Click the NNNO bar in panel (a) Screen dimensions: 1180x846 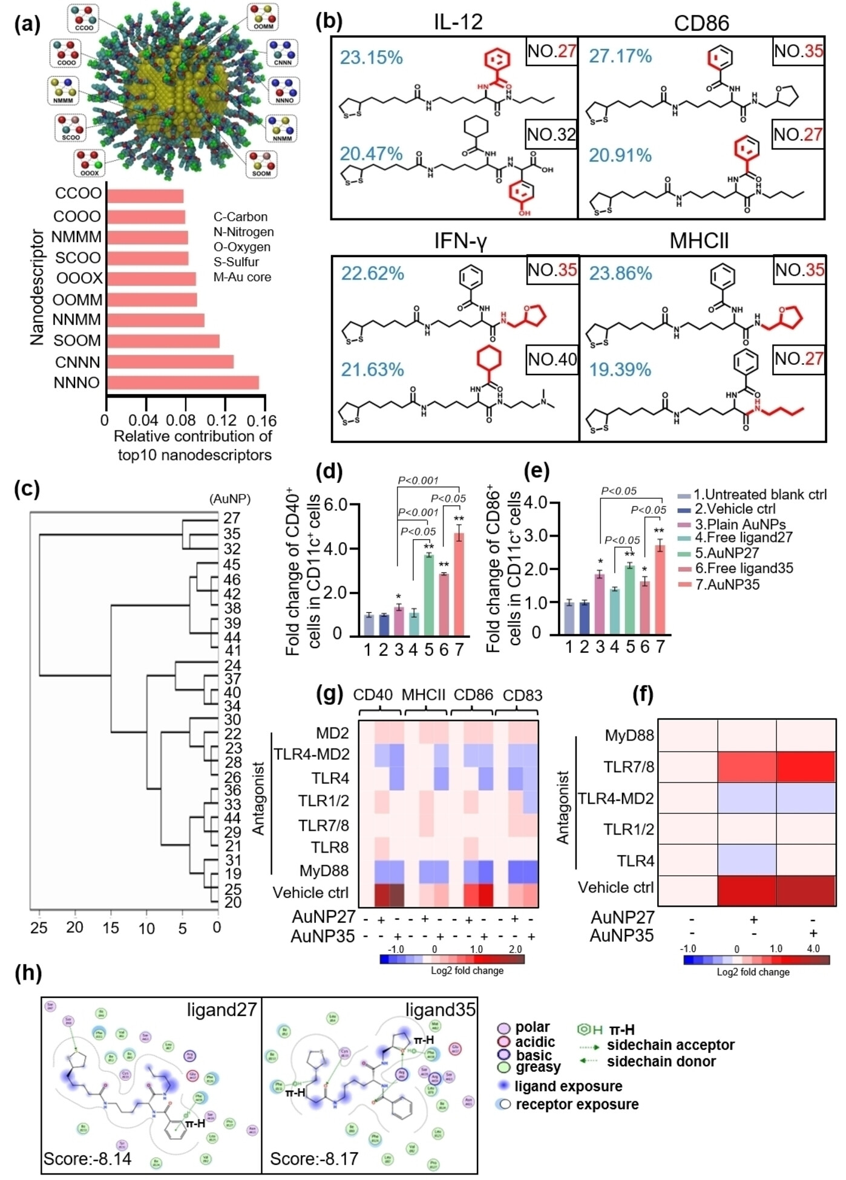pos(183,382)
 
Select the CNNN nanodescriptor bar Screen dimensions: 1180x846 pos(170,362)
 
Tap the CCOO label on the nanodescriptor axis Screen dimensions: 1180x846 pos(78,194)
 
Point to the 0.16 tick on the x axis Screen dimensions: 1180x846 pos(263,421)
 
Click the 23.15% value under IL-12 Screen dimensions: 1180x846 pos(371,57)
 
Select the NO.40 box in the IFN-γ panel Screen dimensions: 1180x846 pos(552,360)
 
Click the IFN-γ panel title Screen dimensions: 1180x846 pos(460,241)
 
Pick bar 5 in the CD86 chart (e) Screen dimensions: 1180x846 pos(630,599)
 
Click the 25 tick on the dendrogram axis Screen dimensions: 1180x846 pos(39,928)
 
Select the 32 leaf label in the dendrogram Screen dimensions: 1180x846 pos(232,549)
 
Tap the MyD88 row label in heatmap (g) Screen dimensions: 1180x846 pos(324,871)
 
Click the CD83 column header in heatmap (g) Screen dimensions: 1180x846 pos(522,695)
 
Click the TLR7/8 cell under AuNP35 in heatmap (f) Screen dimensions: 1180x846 pos(805,767)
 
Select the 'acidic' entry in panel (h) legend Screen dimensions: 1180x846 pos(535,1041)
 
